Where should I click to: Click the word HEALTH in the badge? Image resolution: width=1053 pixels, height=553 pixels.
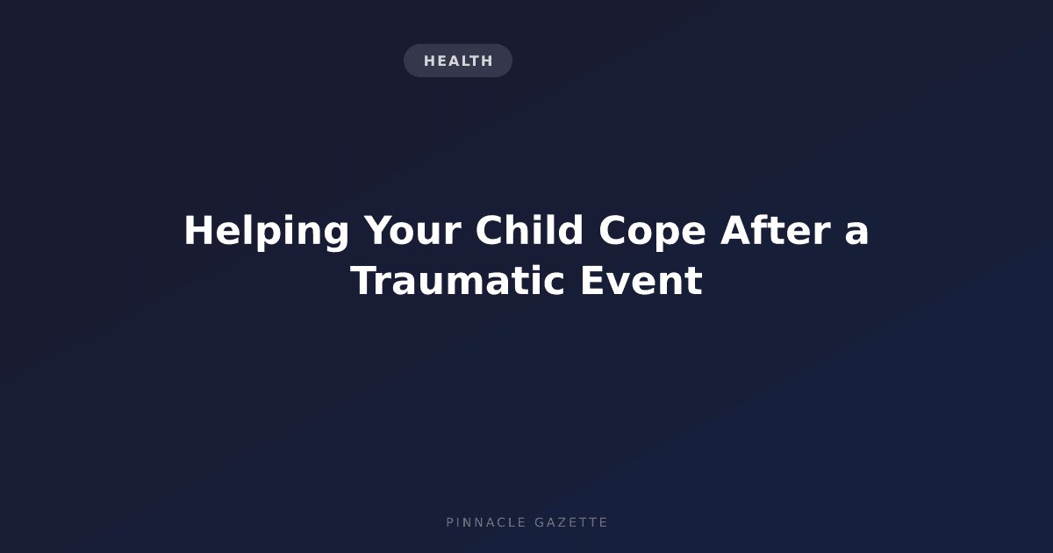coord(458,61)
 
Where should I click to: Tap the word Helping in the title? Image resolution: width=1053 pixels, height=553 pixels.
coord(267,232)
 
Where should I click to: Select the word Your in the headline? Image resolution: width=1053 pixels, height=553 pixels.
coord(412,230)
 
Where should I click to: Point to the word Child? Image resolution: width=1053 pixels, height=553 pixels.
coord(529,229)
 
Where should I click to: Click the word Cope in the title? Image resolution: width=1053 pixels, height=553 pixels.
coord(652,232)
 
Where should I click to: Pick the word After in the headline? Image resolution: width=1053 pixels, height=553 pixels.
coord(776,229)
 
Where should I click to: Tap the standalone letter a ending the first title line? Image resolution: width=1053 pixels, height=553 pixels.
coord(856,233)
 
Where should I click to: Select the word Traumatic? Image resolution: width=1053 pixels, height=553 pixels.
coord(457,281)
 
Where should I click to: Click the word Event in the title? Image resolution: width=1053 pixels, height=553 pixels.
coord(641,281)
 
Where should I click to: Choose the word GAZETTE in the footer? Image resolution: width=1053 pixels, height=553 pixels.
coord(571,522)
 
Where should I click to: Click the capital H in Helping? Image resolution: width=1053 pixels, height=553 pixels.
coord(197,230)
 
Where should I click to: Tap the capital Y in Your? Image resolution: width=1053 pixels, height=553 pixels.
coord(378,230)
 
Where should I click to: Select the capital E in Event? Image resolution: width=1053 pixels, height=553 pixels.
coord(593,280)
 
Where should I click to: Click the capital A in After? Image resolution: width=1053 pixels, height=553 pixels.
coord(736,230)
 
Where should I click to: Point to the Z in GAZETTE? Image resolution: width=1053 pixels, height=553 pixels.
coord(562,522)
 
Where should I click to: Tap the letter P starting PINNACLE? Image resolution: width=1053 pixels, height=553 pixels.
coord(450,522)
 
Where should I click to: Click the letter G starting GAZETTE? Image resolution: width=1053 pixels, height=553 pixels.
coord(540,522)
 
